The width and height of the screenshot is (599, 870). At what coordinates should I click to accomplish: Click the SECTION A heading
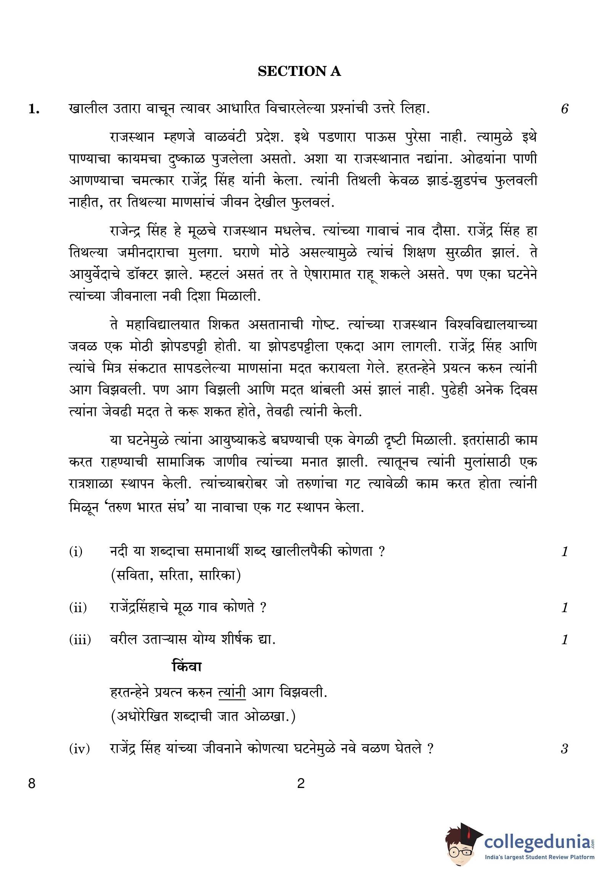(x=299, y=71)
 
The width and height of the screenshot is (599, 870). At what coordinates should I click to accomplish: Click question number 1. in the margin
(x=34, y=109)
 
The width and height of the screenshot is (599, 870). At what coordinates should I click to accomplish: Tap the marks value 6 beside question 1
(x=564, y=109)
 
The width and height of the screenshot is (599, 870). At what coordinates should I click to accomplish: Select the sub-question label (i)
(x=76, y=552)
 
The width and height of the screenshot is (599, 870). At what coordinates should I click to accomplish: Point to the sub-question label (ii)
(x=78, y=607)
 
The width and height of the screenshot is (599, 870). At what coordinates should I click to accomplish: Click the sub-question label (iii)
(x=80, y=639)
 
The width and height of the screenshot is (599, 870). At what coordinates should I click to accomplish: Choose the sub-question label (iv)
(x=79, y=749)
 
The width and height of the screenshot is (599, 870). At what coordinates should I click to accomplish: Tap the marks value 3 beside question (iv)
(x=564, y=749)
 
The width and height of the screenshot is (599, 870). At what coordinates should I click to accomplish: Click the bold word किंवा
(x=187, y=666)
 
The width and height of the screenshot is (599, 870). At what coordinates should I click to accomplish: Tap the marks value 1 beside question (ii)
(x=565, y=607)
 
